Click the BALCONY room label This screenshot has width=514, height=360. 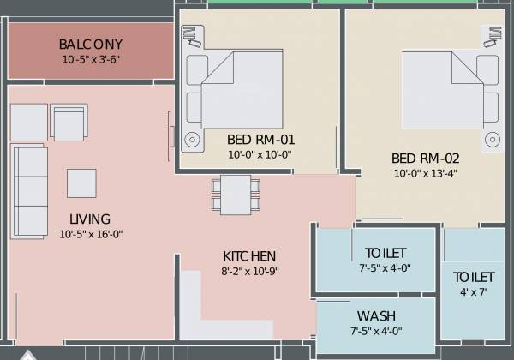pyautogui.click(x=91, y=45)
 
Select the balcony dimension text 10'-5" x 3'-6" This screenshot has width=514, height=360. pyautogui.click(x=91, y=60)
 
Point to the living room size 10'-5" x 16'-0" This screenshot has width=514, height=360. pyautogui.click(x=91, y=233)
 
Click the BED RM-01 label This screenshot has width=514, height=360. pyautogui.click(x=260, y=139)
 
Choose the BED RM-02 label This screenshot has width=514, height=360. pyautogui.click(x=426, y=158)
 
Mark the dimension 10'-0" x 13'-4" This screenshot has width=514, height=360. pyautogui.click(x=426, y=173)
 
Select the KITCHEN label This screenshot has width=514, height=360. pyautogui.click(x=249, y=255)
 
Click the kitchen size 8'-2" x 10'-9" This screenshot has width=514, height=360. pyautogui.click(x=249, y=271)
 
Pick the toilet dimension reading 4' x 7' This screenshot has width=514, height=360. pyautogui.click(x=473, y=293)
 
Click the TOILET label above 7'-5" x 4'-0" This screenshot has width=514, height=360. pyautogui.click(x=385, y=253)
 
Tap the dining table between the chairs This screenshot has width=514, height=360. pyautogui.click(x=236, y=195)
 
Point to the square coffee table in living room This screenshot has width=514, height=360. pyautogui.click(x=81, y=183)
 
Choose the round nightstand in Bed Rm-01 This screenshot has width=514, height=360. pyautogui.click(x=192, y=139)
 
